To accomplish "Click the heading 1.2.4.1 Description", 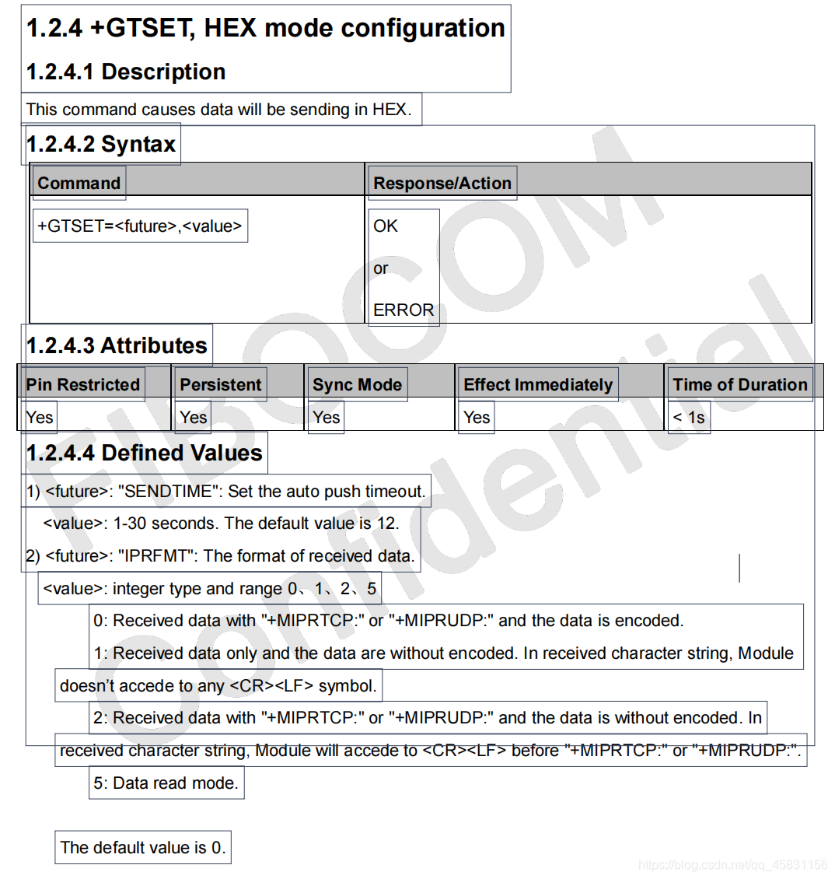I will point(125,72).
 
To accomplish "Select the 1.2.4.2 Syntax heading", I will point(101,144).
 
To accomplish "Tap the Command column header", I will point(79,183).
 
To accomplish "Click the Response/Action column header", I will point(442,183).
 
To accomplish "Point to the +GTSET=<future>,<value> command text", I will point(140,226).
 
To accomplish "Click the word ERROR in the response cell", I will point(404,310).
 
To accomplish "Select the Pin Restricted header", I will point(82,384).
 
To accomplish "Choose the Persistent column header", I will point(221,384).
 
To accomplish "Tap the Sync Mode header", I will point(357,384).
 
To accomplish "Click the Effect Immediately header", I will point(538,384).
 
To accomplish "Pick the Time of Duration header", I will point(740,384).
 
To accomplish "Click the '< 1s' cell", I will point(689,417).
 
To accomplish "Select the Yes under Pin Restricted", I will point(40,417).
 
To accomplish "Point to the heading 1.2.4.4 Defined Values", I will point(145,453).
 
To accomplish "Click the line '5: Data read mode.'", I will point(166,783).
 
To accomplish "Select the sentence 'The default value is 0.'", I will point(143,847).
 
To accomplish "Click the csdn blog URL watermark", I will point(733,865).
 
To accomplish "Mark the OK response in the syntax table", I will point(386,226).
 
